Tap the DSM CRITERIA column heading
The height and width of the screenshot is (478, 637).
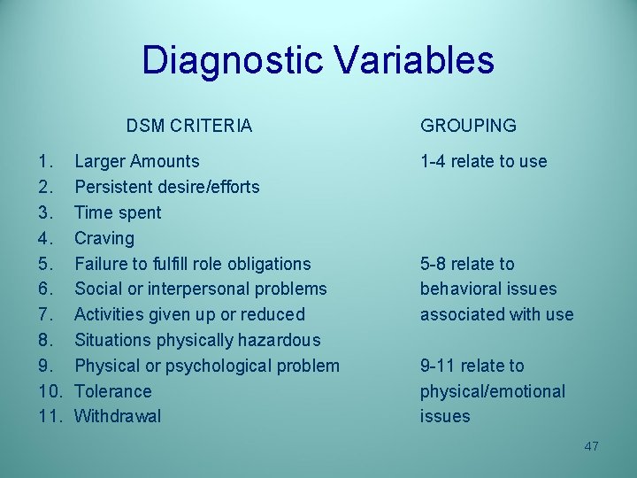click(188, 126)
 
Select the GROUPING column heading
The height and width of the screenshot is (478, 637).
click(468, 126)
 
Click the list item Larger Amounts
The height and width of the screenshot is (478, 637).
click(136, 162)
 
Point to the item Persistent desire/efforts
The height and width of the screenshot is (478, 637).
click(166, 187)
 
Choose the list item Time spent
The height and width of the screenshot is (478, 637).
click(118, 212)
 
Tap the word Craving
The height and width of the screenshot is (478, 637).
click(104, 238)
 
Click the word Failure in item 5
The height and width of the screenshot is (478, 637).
click(101, 264)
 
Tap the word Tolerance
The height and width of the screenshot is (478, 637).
click(113, 391)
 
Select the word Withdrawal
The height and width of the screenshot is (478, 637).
click(118, 416)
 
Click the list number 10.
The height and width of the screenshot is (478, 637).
click(50, 391)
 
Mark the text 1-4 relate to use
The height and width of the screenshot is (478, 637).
click(483, 162)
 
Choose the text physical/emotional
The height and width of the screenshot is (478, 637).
click(492, 391)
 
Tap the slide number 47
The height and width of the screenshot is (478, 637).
click(591, 446)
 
